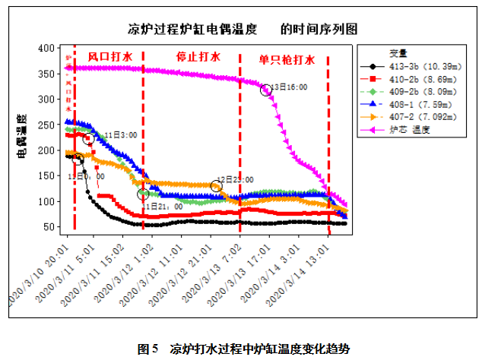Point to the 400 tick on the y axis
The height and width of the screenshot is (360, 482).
coord(46,48)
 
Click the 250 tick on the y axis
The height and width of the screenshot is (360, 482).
coord(46,125)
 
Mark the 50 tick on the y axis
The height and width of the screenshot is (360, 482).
coord(49,227)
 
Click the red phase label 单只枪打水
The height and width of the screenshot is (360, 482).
coord(286,58)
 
